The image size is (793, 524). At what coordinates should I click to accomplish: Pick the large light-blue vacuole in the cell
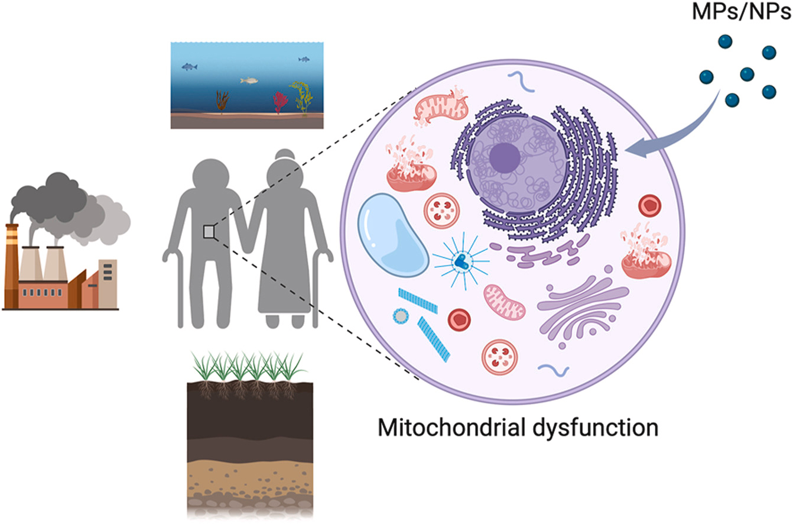tap(394, 233)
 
